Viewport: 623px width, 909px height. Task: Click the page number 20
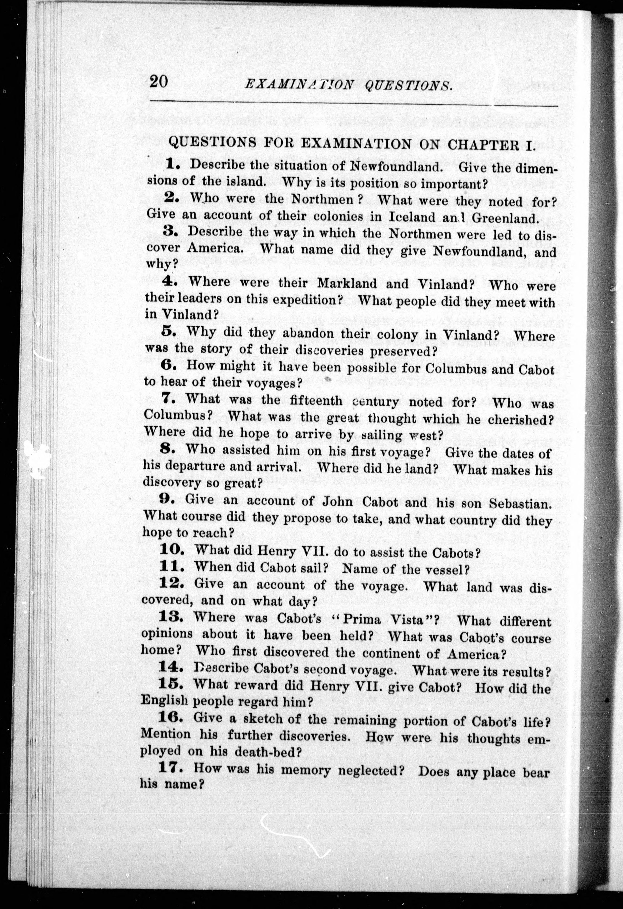pos(159,82)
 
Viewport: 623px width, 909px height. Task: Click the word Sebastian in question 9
pos(520,503)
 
